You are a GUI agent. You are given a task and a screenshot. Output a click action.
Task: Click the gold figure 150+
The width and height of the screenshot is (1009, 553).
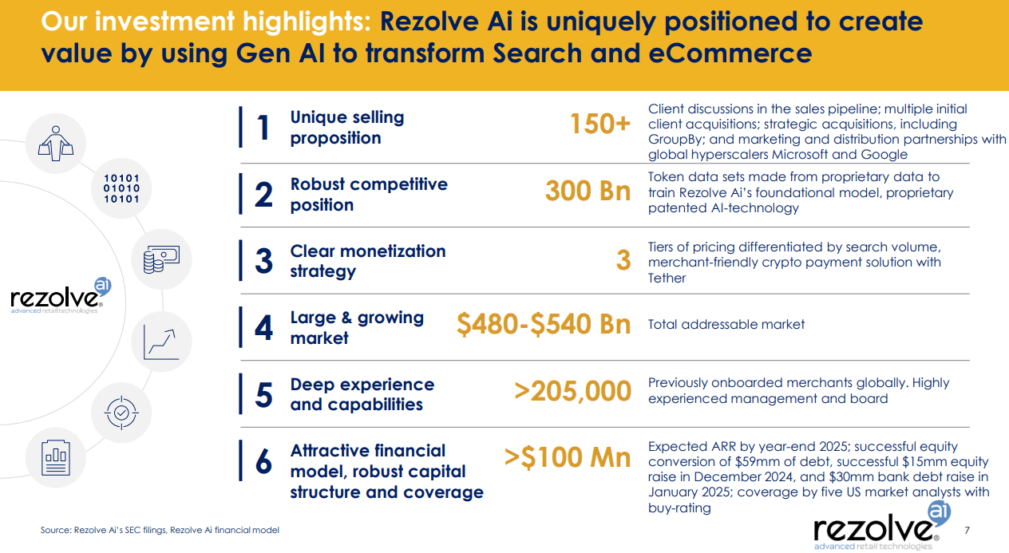599,124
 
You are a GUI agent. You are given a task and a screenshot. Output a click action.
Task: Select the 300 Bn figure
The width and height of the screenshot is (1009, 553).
588,192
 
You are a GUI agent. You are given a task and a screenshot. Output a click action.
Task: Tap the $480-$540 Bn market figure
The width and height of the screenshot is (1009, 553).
543,324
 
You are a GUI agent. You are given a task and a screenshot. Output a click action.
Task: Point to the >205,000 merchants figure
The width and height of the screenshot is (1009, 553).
572,391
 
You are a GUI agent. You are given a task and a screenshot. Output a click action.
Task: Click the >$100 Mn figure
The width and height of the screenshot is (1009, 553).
567,457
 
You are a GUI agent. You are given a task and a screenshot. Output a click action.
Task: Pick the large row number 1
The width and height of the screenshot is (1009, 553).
263,128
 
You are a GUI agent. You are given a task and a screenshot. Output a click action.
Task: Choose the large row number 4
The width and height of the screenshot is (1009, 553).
263,327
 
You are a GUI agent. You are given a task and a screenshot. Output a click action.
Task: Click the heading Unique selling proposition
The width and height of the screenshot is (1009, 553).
347,128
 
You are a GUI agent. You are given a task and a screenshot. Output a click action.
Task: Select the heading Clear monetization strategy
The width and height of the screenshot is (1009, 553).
368,261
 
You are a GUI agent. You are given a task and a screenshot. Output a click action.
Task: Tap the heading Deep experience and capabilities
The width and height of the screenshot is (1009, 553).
362,394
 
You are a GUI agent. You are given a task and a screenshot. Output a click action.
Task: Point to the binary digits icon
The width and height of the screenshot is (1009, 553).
121,188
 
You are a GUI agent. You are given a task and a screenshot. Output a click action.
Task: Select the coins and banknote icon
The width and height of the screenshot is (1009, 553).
160,258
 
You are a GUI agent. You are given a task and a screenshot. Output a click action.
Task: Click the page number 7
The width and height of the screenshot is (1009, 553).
967,530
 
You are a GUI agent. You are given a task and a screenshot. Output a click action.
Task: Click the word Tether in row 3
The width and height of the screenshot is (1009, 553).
667,278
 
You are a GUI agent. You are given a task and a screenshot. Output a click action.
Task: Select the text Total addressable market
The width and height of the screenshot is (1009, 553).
726,324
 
